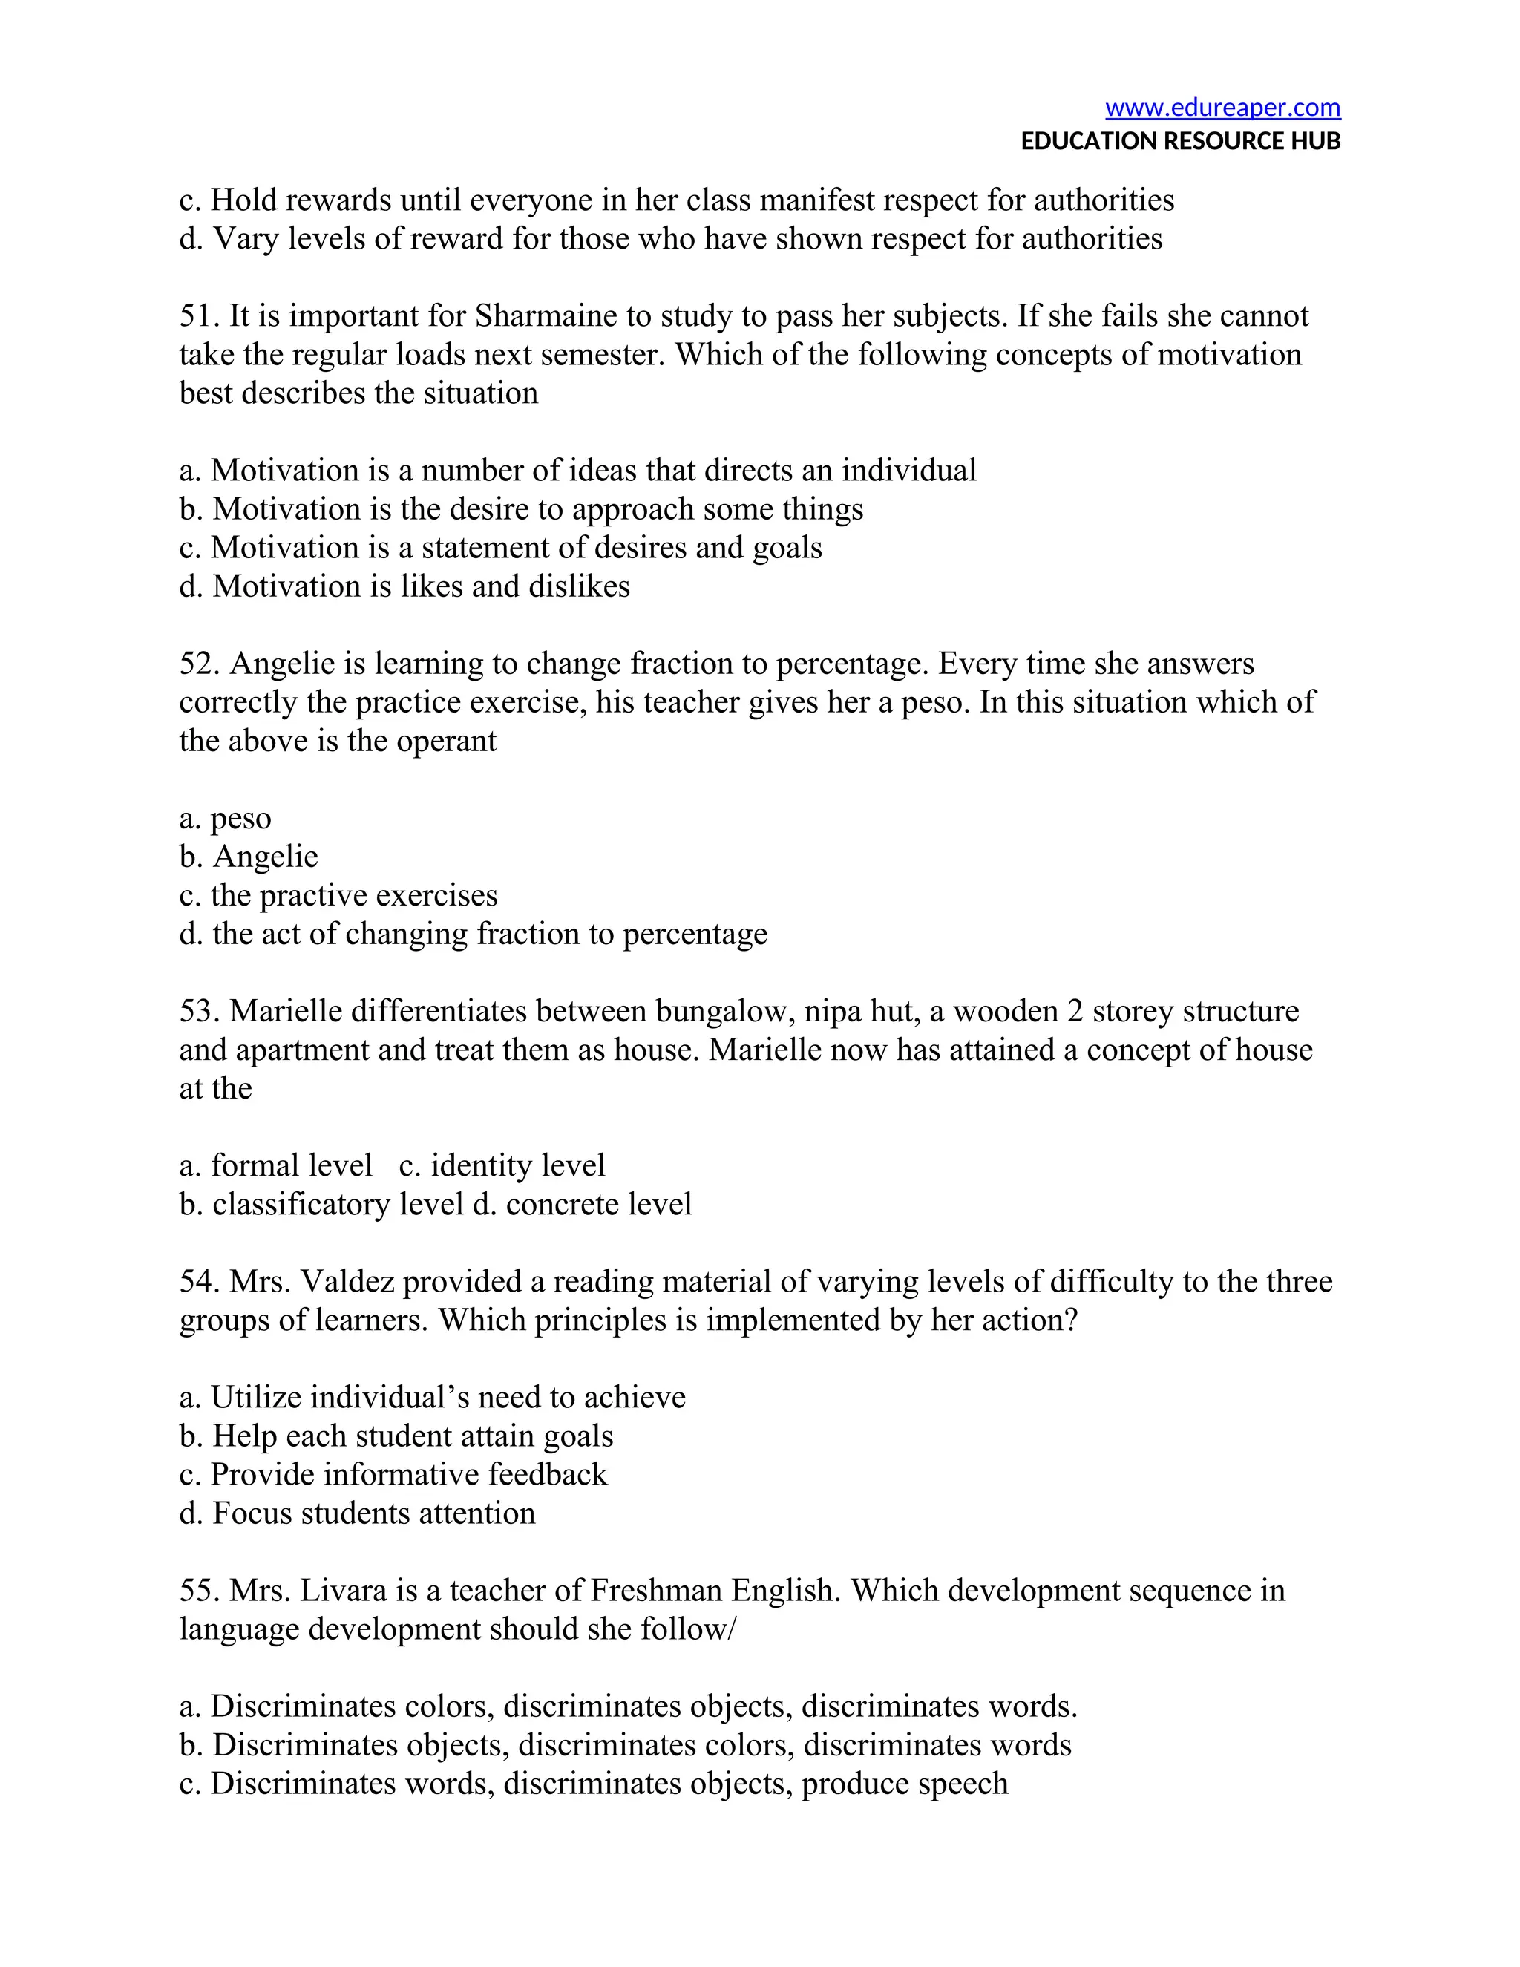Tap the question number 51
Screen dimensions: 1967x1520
tap(198, 316)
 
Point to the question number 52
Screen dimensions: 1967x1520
tap(198, 664)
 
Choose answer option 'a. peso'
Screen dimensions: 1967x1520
tap(225, 819)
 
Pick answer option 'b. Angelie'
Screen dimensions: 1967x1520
tap(249, 857)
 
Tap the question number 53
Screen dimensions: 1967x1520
tap(198, 1012)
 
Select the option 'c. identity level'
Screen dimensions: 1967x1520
tap(502, 1165)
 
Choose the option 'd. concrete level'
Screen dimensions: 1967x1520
tap(583, 1204)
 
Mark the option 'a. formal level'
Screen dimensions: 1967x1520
tap(275, 1165)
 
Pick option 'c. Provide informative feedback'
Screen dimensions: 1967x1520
tap(393, 1474)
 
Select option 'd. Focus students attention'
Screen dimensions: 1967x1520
tap(358, 1513)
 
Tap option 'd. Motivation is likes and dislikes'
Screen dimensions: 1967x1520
tap(404, 586)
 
